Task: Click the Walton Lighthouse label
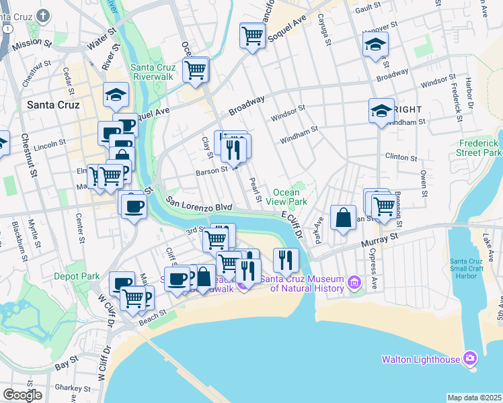click(x=421, y=359)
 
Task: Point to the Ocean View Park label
click(x=290, y=197)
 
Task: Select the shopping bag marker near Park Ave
click(x=343, y=218)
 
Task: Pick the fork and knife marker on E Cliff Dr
click(x=286, y=259)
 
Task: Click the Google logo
click(x=22, y=395)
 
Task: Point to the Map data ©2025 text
click(x=474, y=398)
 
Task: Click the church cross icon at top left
click(x=44, y=15)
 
